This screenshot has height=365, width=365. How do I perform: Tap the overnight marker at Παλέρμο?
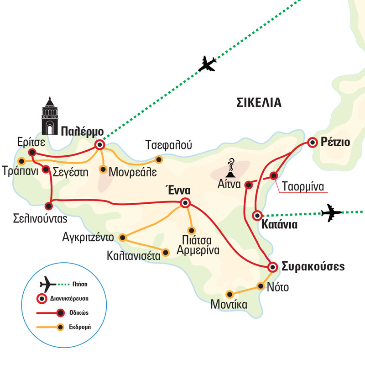[99, 145]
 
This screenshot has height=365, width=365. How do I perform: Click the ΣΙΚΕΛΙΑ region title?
[259, 102]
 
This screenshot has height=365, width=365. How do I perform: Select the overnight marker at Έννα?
[185, 203]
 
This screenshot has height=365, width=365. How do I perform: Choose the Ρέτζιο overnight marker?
[313, 143]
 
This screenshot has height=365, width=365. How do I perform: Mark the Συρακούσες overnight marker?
[272, 267]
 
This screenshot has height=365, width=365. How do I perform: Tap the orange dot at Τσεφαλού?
[159, 159]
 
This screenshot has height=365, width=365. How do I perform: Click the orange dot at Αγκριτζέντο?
[122, 238]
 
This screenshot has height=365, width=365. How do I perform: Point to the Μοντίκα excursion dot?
[230, 294]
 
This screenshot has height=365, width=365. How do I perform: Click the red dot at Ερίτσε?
[32, 152]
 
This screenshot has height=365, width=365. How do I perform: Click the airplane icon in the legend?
[47, 284]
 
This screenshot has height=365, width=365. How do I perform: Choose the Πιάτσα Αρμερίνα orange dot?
[192, 230]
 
